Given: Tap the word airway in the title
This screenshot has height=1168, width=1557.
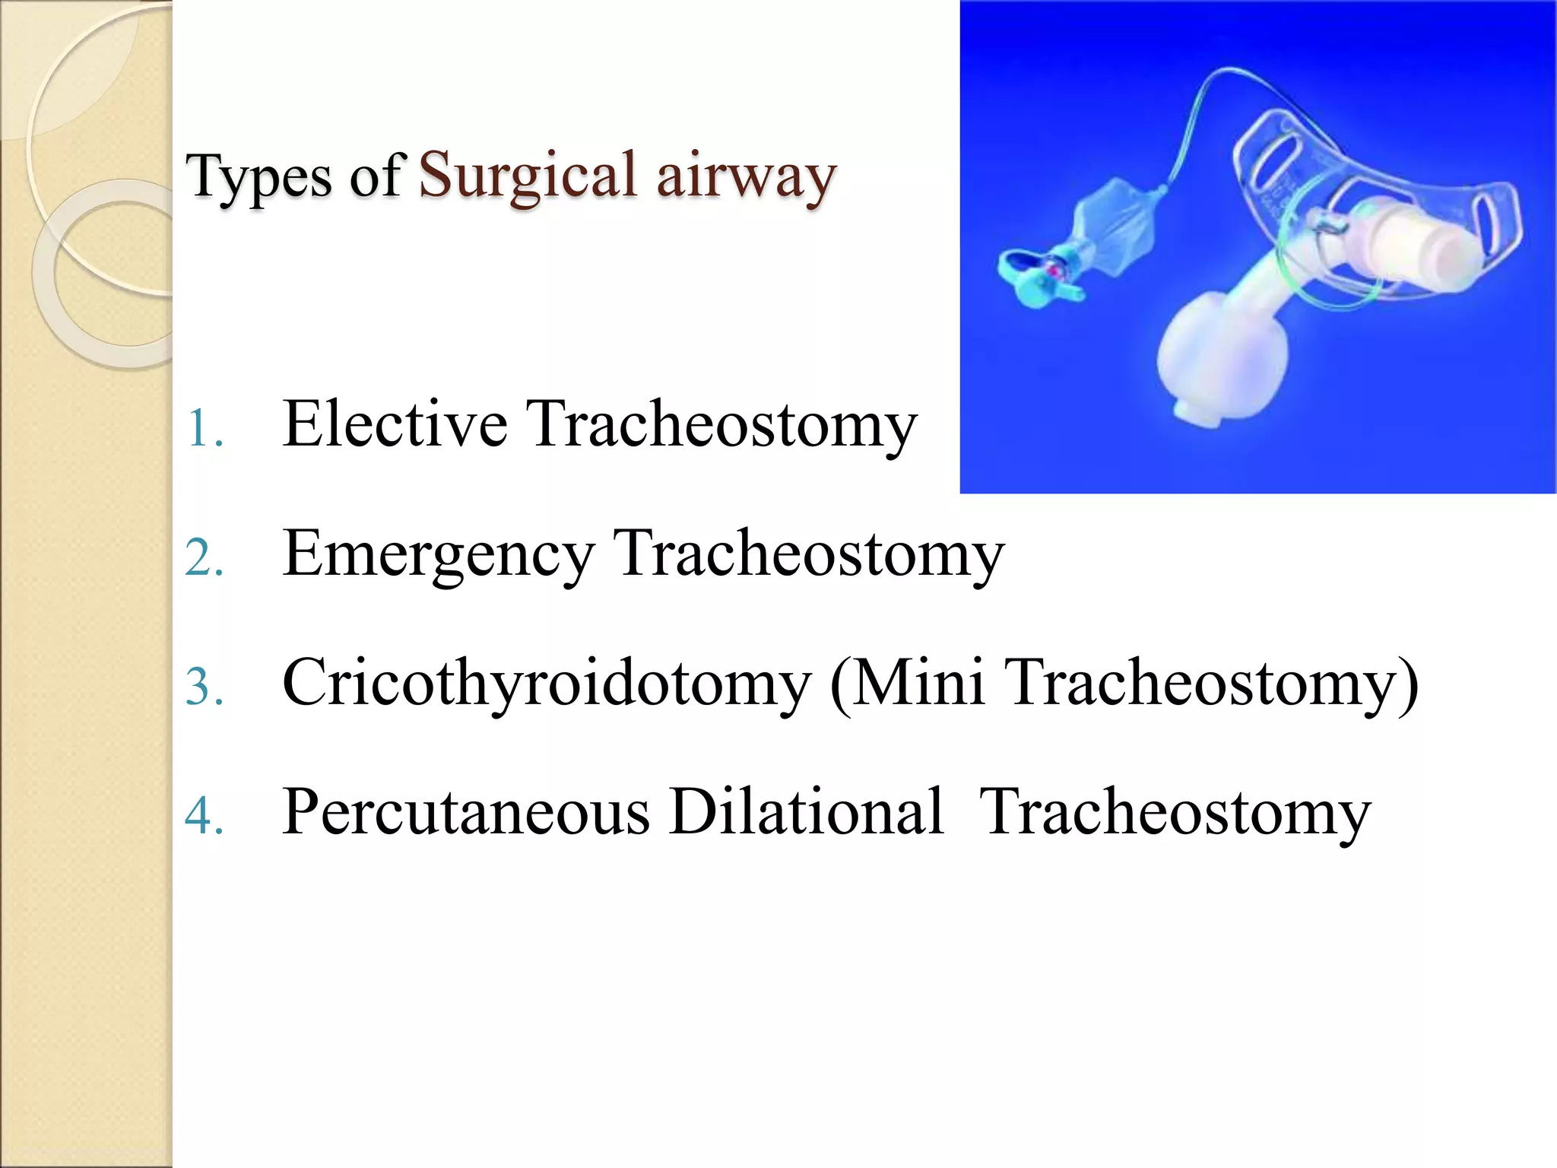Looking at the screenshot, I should tap(746, 176).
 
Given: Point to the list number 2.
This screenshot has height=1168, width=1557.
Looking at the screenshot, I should tap(204, 559).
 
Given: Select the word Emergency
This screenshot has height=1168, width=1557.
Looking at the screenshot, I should tap(438, 555).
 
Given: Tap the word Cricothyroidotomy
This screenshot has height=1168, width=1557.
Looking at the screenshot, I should tap(546, 684).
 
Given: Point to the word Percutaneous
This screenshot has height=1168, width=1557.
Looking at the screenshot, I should tap(465, 812).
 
